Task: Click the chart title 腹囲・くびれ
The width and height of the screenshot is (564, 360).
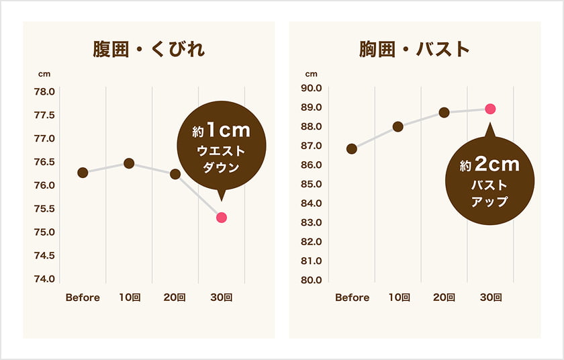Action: click(x=148, y=50)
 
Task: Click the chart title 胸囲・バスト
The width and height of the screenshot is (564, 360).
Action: click(x=414, y=50)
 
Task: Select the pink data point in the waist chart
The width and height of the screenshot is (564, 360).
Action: click(x=222, y=218)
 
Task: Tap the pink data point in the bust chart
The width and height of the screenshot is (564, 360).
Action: click(x=490, y=109)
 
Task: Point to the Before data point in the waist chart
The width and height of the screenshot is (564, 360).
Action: click(x=83, y=173)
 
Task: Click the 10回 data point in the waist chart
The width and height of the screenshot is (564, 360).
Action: click(x=129, y=163)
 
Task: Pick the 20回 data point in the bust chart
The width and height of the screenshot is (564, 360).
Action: click(x=444, y=112)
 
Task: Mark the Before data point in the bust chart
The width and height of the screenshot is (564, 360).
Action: click(x=352, y=148)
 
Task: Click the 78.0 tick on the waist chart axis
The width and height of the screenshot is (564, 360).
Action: click(x=44, y=91)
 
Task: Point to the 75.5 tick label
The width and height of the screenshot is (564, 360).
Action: click(x=44, y=209)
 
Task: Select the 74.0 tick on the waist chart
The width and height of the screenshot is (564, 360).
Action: click(x=44, y=279)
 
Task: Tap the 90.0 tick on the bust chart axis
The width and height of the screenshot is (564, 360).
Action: click(x=311, y=88)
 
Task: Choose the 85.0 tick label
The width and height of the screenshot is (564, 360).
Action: click(x=311, y=184)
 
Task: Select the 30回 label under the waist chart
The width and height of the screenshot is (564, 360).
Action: click(x=221, y=298)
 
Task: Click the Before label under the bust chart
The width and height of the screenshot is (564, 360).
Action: click(x=352, y=298)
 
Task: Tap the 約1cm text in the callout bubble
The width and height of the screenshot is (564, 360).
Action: click(x=222, y=130)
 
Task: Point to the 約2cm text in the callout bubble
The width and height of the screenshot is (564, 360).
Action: click(x=490, y=164)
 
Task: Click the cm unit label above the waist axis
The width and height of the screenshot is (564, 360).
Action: click(x=44, y=74)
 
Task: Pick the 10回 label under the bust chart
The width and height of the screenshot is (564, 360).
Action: click(x=398, y=298)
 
